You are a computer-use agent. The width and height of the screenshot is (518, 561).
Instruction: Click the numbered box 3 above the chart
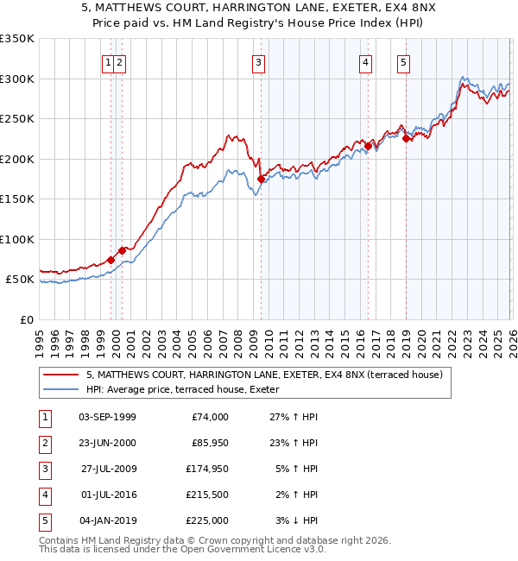[x=258, y=61]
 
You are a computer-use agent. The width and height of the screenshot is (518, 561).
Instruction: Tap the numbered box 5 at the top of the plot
[x=404, y=61]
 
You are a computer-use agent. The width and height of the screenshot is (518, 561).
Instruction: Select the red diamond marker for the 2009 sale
[x=261, y=180]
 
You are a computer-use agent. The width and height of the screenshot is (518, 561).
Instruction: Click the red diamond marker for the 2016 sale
[x=367, y=147]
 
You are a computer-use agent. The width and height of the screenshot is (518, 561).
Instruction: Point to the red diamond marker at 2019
[x=406, y=139]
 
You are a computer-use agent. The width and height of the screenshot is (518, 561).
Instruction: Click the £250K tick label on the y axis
[x=17, y=119]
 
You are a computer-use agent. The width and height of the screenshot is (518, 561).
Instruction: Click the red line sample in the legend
[x=62, y=375]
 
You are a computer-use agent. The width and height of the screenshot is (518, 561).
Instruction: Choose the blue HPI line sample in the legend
[x=62, y=389]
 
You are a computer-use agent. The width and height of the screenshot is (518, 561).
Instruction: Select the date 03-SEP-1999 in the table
[x=107, y=417]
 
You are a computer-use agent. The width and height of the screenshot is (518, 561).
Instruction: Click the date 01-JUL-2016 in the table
[x=107, y=495]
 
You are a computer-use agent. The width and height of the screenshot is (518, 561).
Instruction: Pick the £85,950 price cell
[x=208, y=443]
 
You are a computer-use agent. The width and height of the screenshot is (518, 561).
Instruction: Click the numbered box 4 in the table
[x=44, y=495]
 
